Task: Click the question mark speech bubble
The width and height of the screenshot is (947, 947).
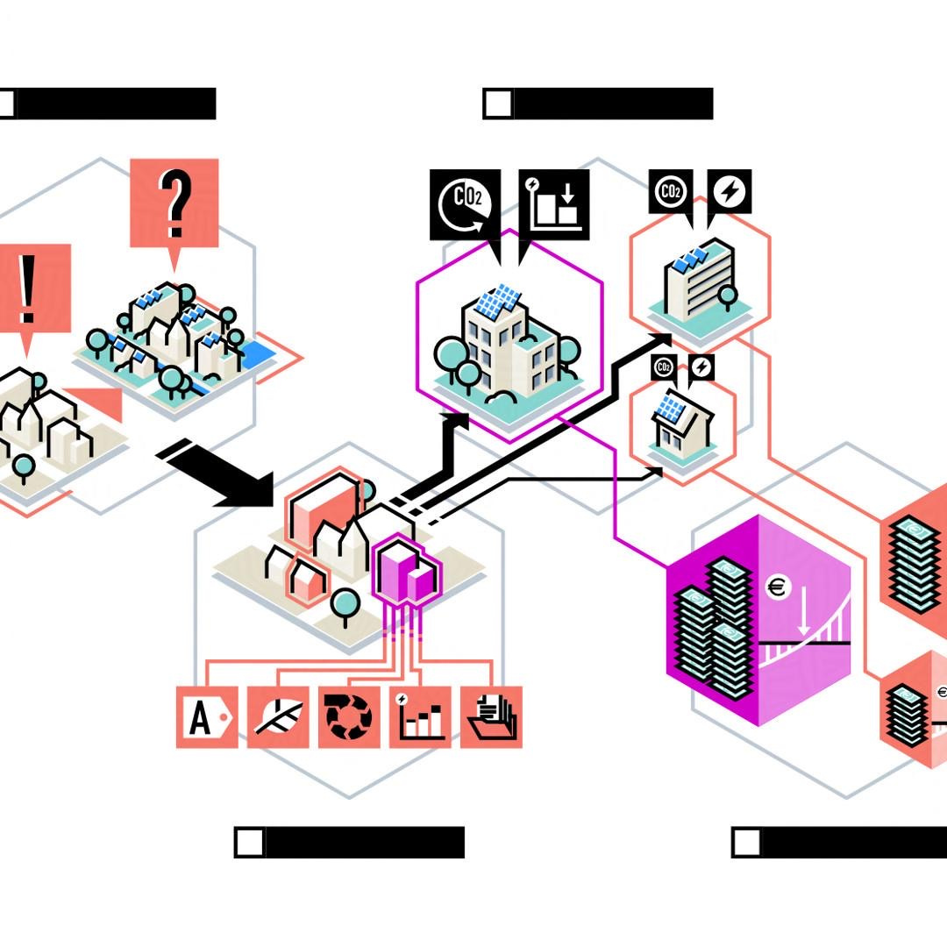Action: [174, 203]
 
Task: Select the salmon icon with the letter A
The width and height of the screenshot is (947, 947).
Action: [207, 717]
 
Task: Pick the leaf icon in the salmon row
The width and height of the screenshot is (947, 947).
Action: [278, 717]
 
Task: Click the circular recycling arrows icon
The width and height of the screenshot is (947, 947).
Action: [349, 717]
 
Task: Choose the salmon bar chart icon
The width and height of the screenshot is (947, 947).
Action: [420, 717]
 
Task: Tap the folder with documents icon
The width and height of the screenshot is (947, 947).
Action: [491, 717]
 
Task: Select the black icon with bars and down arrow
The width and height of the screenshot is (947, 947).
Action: [554, 204]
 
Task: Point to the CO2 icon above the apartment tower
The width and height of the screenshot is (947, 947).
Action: [671, 191]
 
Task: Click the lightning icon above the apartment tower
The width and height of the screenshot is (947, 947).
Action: [730, 191]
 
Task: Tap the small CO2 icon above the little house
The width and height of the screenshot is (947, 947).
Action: [664, 367]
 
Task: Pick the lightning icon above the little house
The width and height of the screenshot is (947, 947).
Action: [701, 367]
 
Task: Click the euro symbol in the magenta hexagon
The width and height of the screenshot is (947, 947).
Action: [777, 587]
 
